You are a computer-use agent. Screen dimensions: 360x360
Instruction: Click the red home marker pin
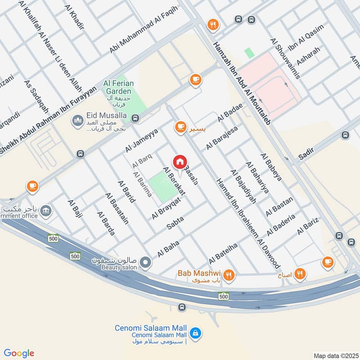(x=180, y=162)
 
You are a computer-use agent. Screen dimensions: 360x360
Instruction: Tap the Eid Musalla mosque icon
(x=77, y=121)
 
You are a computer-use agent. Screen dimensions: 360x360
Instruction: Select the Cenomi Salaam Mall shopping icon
(x=195, y=333)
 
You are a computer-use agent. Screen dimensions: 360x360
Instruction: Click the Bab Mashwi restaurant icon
(x=229, y=274)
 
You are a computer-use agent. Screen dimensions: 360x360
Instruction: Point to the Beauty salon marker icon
(x=145, y=261)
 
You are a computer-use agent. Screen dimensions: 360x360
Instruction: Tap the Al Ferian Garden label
(x=117, y=87)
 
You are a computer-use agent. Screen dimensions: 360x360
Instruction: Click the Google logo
(x=19, y=353)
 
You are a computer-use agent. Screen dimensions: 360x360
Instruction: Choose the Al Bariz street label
(x=308, y=225)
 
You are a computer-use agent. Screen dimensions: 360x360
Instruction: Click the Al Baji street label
(x=76, y=209)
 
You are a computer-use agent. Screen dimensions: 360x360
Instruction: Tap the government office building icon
(x=45, y=210)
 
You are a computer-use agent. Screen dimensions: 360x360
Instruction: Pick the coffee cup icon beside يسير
(x=181, y=128)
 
